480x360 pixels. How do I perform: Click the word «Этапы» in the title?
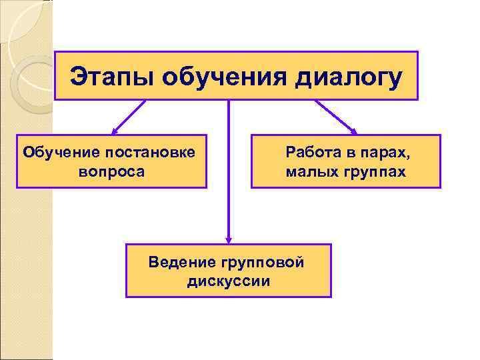[107, 76]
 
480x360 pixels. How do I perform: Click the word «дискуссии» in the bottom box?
[229, 281]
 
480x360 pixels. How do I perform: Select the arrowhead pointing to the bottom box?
[229, 240]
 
